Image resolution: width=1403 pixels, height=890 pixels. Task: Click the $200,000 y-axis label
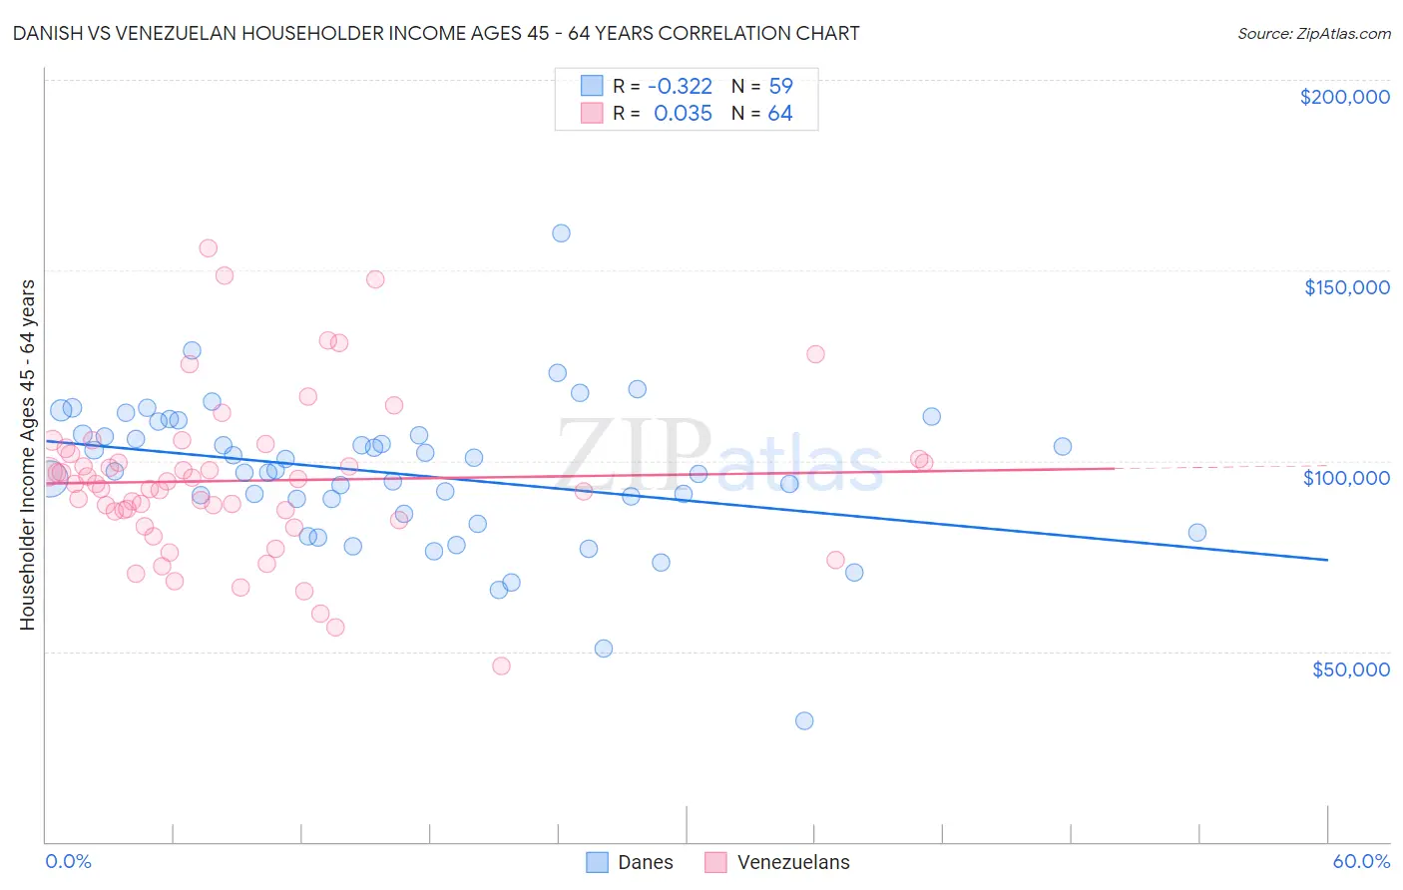coord(1344,97)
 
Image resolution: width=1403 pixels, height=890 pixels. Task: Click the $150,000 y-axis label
coord(1346,287)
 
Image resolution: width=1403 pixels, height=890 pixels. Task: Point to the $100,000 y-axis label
coord(1346,478)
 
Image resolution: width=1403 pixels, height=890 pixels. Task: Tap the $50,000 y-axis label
coord(1350,668)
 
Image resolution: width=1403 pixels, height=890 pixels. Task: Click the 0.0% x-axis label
coord(68,861)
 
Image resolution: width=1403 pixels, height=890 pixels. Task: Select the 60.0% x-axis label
coord(1361,861)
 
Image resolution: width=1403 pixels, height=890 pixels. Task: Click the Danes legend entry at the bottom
coord(645,862)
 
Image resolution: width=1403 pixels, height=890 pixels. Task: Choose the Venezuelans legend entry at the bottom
coord(792,862)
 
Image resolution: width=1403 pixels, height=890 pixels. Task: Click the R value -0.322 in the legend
coord(680,86)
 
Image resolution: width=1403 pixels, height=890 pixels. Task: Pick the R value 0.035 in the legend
coord(683,114)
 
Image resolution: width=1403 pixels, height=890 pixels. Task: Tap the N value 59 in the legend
coord(780,86)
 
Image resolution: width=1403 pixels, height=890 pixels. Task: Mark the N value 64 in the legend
coord(780,114)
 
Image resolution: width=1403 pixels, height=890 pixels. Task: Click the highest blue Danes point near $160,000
coord(561,233)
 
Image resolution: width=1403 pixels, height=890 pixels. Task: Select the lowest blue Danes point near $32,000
coord(804,720)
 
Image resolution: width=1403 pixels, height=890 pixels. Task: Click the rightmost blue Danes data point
coord(1197,533)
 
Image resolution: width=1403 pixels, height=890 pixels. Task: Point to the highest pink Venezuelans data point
coord(208,248)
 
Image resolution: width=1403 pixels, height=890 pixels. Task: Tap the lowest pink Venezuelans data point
coord(501,666)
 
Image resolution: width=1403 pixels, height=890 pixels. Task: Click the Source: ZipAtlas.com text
coord(1313,34)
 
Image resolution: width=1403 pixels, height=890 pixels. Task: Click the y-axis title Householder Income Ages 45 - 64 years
coord(28,455)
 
